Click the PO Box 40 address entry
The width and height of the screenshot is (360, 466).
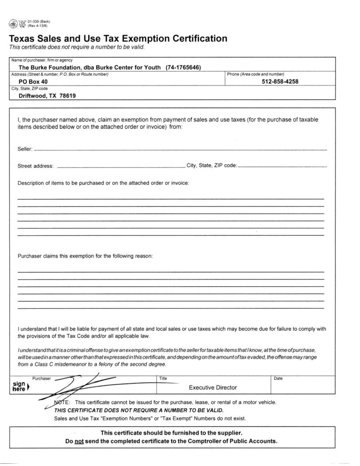pyautogui.click(x=33, y=82)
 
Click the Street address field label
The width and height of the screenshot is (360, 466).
pyautogui.click(x=35, y=166)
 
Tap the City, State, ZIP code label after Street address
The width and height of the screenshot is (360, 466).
pyautogui.click(x=212, y=166)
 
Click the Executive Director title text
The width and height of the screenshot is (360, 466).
pyautogui.click(x=213, y=388)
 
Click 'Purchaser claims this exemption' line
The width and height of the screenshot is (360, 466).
pyautogui.click(x=85, y=256)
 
